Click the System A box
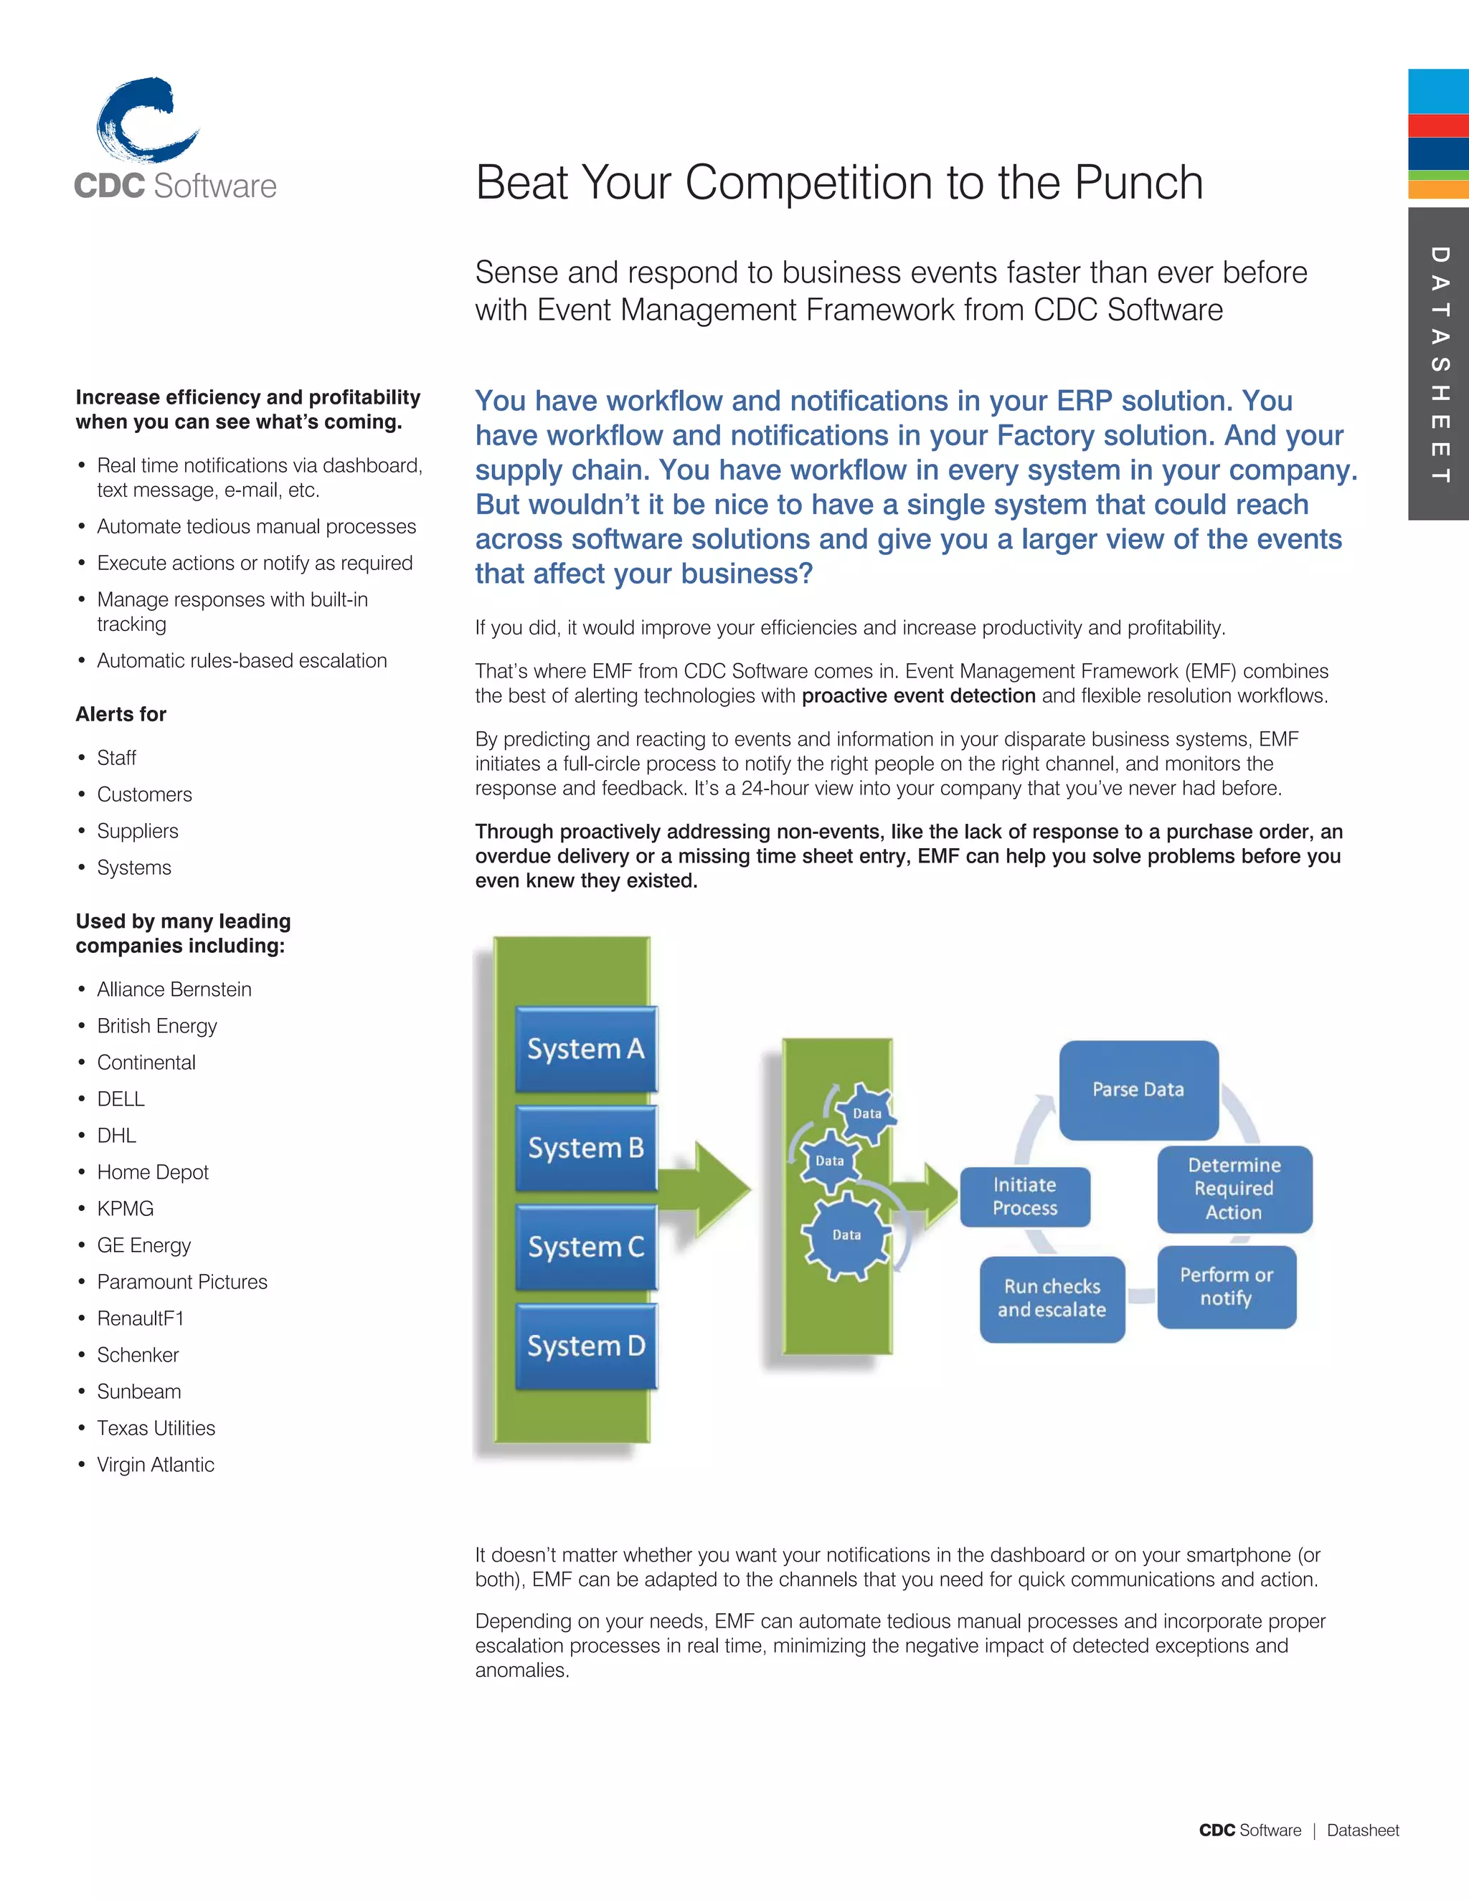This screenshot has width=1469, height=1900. [586, 1048]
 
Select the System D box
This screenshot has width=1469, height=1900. [586, 1346]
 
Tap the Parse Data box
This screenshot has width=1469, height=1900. [1138, 1089]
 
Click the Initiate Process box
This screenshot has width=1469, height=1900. [1025, 1196]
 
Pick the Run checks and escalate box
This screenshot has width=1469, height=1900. [1052, 1298]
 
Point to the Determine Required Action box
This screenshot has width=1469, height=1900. [1234, 1188]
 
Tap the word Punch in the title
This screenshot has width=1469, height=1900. [1138, 183]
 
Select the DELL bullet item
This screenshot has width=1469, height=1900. [121, 1098]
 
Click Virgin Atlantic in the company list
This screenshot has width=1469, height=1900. [156, 1464]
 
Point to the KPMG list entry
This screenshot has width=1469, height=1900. [126, 1208]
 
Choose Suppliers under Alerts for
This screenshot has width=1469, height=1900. [138, 831]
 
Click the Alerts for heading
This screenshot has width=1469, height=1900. [121, 714]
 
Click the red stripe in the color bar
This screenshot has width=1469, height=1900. [1439, 125]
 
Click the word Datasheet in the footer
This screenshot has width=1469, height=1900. [1363, 1830]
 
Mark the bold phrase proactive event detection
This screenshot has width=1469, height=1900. [918, 696]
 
